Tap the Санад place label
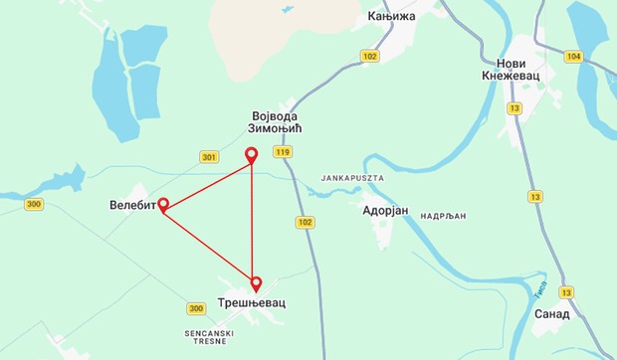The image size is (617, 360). [551, 313]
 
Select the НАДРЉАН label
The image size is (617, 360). [445, 214]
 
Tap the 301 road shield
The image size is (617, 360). [208, 157]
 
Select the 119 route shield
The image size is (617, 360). [284, 152]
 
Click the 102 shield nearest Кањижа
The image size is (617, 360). [370, 57]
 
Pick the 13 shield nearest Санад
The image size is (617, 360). [566, 292]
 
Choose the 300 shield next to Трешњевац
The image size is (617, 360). [195, 308]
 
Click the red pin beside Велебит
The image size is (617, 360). [162, 205]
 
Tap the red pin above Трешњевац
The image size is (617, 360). [257, 282]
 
